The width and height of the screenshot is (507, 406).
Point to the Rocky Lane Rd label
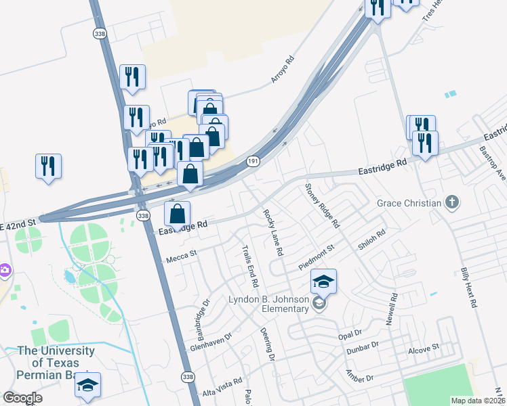point(273,232)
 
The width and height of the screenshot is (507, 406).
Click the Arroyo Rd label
point(283,69)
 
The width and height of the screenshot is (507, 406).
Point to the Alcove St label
point(424,351)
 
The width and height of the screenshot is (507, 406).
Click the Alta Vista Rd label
point(222,388)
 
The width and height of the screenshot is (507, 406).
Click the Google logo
point(22,398)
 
